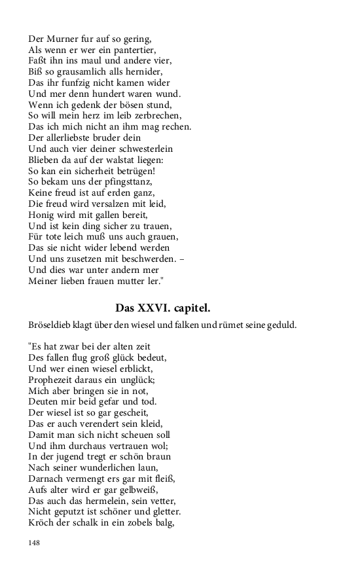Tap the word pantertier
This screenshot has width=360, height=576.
135,50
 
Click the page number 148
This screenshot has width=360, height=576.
35,542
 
